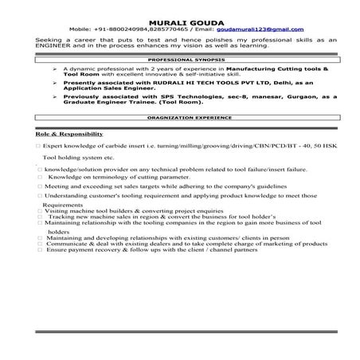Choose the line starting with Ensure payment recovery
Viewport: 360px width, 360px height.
coord(151,250)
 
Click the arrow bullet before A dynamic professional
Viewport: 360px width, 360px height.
coord(53,69)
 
